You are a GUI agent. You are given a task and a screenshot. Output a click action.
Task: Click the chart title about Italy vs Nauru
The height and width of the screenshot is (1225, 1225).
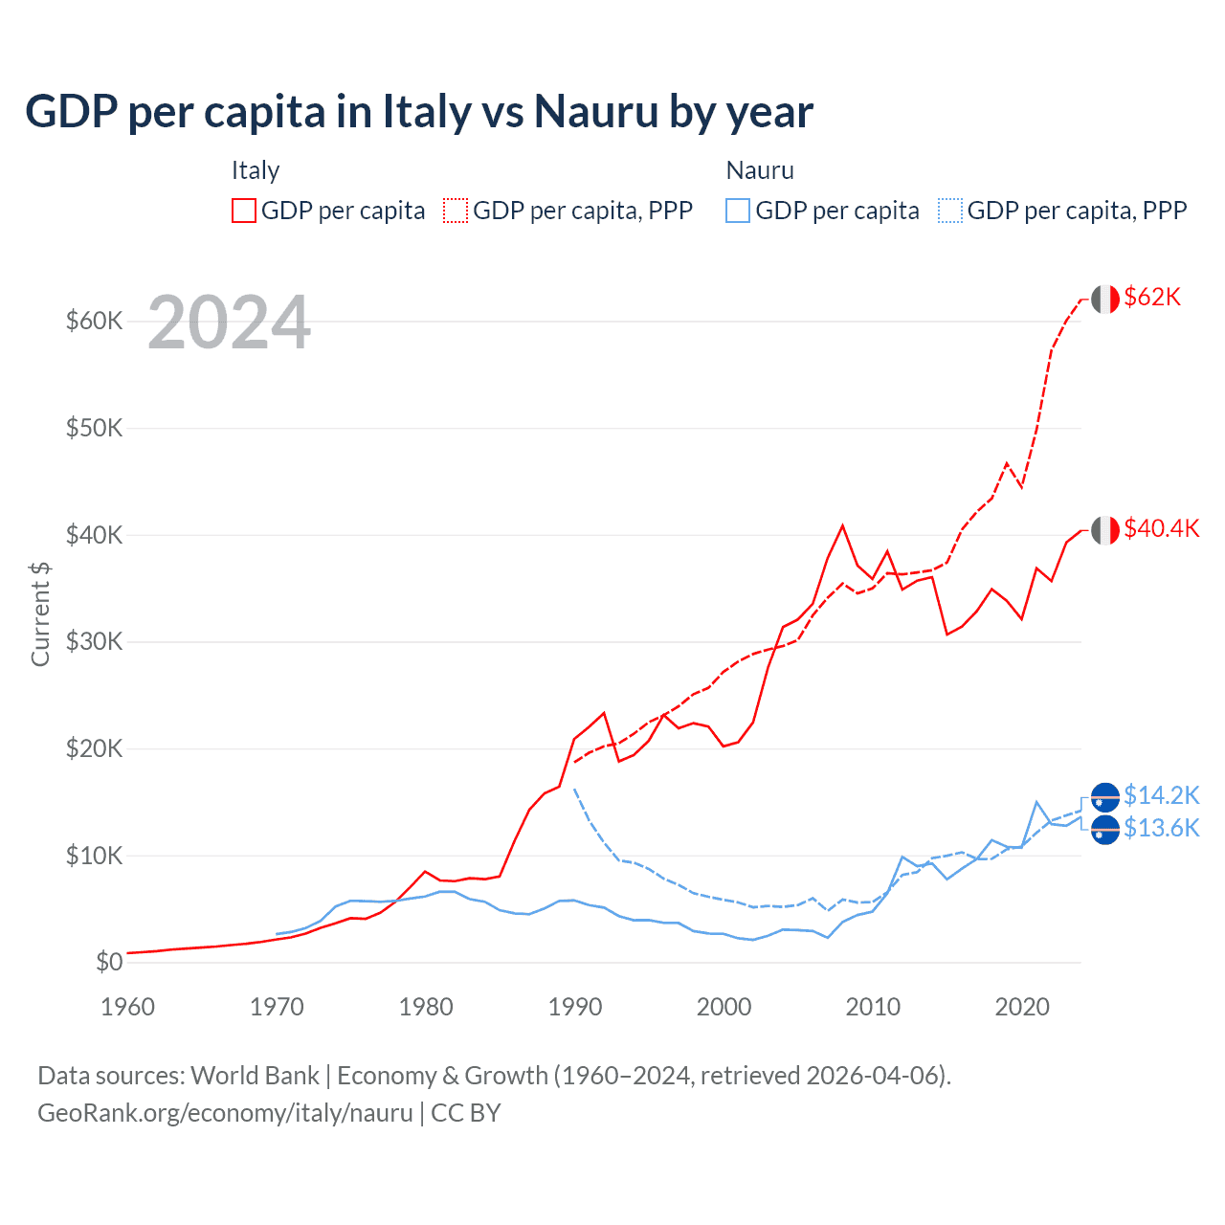419,111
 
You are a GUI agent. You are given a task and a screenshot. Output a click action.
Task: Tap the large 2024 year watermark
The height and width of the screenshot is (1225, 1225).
229,323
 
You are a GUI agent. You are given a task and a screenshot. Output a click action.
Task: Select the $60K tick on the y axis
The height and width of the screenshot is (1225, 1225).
94,321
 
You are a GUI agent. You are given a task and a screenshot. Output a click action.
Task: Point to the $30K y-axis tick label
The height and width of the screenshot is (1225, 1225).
94,641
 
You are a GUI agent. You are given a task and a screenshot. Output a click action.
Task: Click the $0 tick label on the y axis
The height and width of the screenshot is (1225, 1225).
109,962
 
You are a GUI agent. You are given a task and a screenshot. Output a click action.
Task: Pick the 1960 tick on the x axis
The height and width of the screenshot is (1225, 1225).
127,1007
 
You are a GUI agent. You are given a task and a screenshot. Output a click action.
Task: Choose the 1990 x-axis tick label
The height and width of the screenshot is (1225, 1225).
575,1007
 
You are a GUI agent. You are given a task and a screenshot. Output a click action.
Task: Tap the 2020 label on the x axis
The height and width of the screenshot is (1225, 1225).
1022,1007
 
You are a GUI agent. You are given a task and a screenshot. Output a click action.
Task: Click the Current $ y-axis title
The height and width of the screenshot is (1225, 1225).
40,614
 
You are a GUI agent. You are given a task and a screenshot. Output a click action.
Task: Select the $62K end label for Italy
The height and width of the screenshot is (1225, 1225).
1152,298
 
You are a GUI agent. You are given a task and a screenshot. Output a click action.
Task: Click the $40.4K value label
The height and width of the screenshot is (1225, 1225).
1161,529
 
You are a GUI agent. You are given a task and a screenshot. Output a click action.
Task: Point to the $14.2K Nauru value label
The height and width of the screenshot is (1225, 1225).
1161,795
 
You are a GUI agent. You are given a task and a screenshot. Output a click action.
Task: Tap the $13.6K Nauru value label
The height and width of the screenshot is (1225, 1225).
1161,828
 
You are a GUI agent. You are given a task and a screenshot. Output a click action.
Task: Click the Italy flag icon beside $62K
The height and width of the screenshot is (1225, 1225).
1105,299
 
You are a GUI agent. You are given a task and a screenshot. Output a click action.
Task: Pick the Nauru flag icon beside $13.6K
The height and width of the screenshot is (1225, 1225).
1105,830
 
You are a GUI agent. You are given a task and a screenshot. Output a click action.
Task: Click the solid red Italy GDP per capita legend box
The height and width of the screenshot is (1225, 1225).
244,211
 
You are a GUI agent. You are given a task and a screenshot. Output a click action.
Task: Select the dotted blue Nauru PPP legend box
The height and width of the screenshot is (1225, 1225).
950,211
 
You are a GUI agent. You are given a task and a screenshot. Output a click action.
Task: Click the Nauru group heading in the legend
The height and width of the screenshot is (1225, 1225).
760,170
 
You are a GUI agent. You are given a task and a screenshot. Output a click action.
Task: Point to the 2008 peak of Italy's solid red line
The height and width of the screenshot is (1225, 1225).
842,525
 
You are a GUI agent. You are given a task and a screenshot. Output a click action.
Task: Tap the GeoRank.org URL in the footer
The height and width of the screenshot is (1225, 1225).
225,1113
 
